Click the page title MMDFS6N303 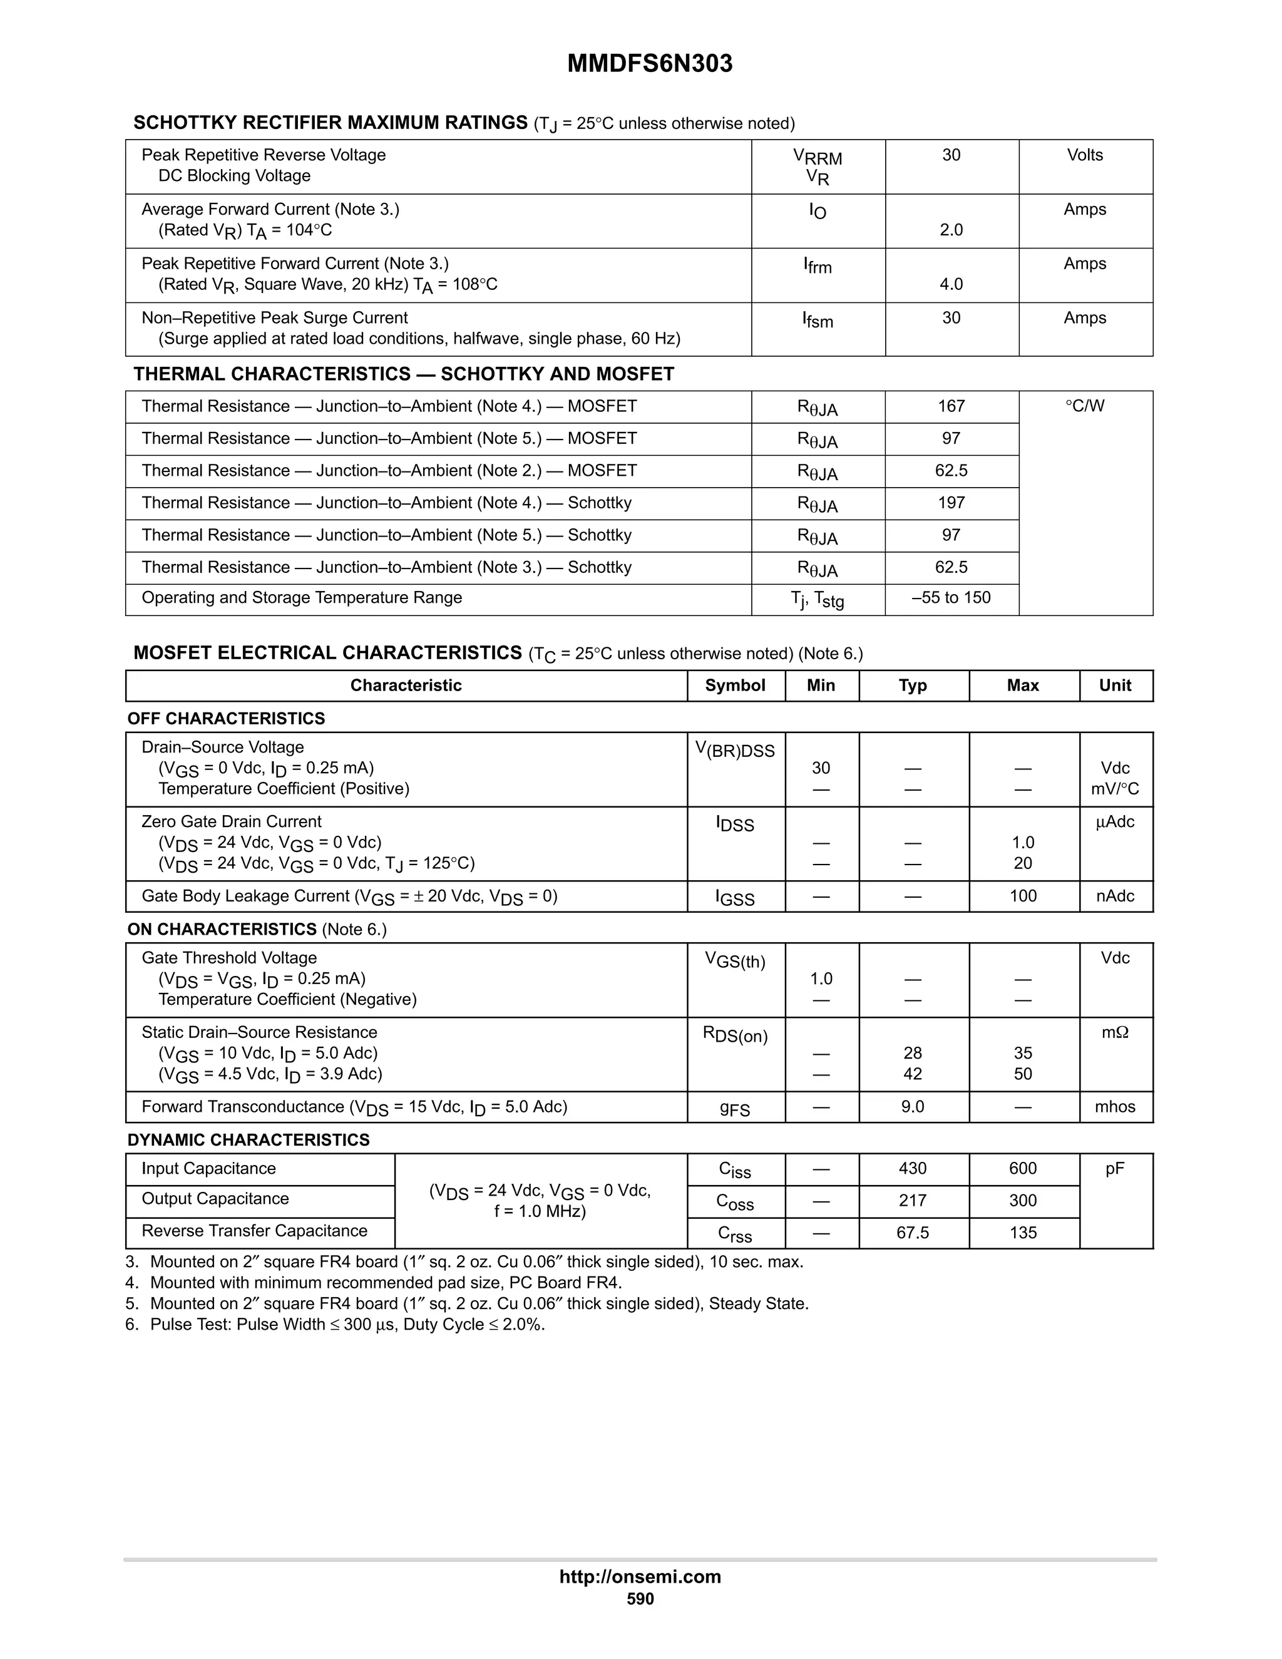tap(649, 64)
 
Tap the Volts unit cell tap(1085, 155)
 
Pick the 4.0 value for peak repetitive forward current tap(951, 284)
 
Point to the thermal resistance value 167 tap(951, 406)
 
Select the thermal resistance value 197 tap(951, 503)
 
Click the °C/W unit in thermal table tap(1085, 406)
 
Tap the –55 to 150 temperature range tap(951, 598)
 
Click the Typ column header tap(913, 685)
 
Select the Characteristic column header tap(406, 685)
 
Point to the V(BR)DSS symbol tap(734, 751)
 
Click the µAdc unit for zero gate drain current tap(1115, 822)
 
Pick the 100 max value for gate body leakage tap(1022, 896)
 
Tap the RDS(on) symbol tap(734, 1035)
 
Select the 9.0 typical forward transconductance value tap(913, 1107)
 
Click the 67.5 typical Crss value tap(913, 1233)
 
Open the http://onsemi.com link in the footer tap(640, 1576)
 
